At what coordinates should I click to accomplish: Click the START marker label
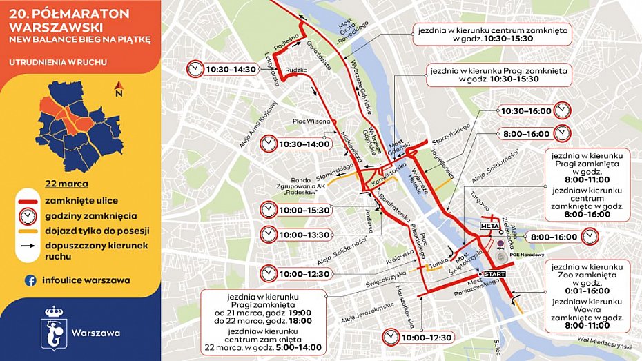(494, 274)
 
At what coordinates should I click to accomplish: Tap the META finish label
(489, 224)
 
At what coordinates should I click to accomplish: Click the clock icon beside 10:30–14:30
(195, 69)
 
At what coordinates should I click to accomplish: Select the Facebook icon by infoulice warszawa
(30, 280)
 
